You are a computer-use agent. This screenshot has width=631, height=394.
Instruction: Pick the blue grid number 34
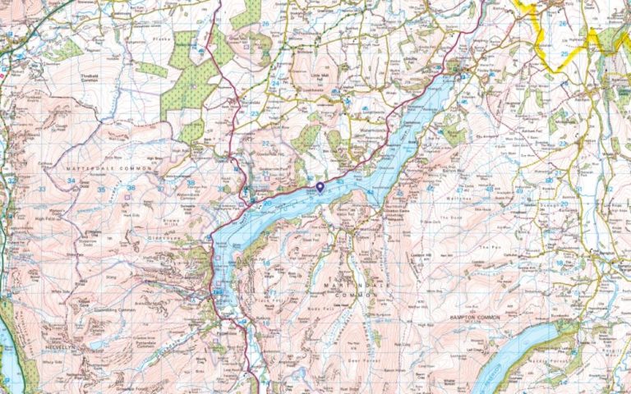[x=71, y=181]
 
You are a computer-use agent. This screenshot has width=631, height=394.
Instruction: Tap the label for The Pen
[x=494, y=247]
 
